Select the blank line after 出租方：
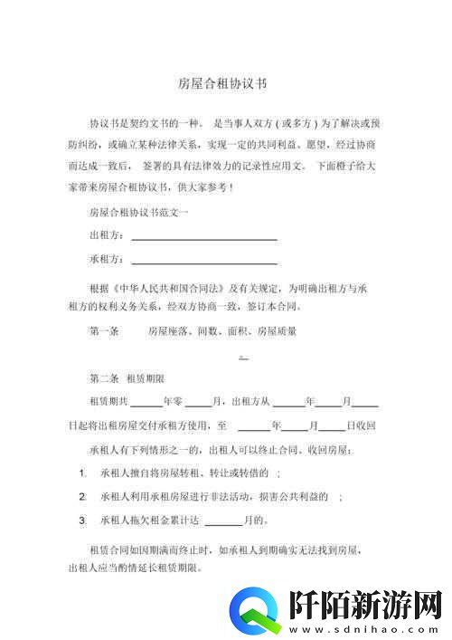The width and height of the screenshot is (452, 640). coord(203,238)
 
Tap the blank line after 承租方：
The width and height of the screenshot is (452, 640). coord(203,262)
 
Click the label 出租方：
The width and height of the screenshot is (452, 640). coord(107,235)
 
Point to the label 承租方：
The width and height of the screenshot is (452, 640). coord(107,259)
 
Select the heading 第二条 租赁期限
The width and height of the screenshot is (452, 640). coord(126,377)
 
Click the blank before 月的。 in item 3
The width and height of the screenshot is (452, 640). coord(223,522)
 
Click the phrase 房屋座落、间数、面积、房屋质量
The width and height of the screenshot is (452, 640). coord(221,331)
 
